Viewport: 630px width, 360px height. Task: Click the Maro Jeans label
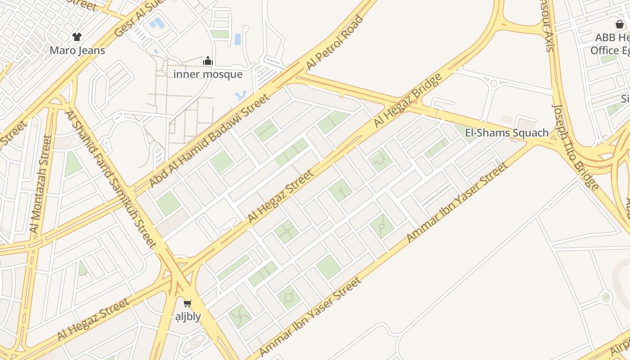coord(77,50)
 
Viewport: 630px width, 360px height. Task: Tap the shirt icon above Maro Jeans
coord(77,37)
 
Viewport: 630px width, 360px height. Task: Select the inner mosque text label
coord(208,74)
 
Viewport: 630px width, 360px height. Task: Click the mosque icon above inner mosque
coord(208,61)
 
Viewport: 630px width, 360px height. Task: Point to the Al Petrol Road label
coord(334,43)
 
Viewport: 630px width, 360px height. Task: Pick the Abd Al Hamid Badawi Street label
coord(209,140)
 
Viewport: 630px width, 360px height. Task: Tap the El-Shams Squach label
coord(507,133)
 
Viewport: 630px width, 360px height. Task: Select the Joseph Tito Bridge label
coord(576,147)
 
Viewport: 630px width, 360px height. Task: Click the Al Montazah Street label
coord(41,184)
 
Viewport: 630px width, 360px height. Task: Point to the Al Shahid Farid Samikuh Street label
coord(111,179)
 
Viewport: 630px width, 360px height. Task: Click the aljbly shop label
coord(188,317)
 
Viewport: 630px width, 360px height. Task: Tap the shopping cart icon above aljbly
coord(188,304)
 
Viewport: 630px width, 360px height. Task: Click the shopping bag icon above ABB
coord(620,24)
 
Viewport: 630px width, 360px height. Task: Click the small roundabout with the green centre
coord(606,297)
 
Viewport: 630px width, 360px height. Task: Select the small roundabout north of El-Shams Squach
coord(494,83)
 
